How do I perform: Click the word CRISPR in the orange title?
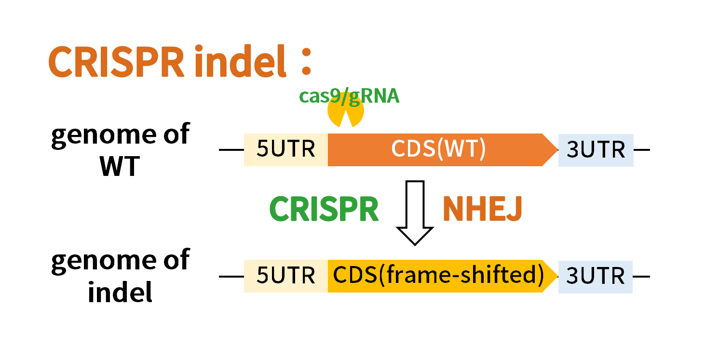point(116,61)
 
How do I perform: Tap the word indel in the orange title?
point(241,60)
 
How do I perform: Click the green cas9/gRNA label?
point(349,96)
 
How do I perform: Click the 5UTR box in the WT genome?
point(286,150)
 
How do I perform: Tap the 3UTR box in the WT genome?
point(596,150)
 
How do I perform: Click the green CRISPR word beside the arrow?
point(324,209)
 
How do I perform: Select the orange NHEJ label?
point(483,209)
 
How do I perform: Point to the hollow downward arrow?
point(415,213)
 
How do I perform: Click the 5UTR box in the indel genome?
point(286,276)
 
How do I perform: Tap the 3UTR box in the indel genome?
point(596,277)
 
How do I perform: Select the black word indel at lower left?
point(120,292)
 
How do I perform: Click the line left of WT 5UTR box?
point(231,150)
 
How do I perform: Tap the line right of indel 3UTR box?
point(641,277)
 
